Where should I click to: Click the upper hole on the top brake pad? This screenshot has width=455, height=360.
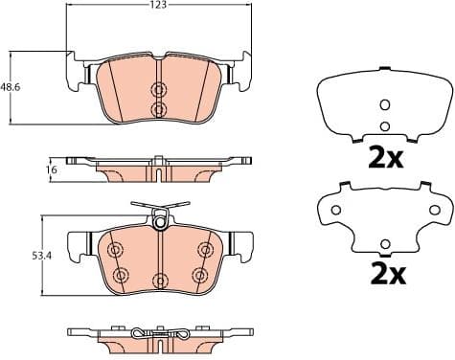[x=159, y=88]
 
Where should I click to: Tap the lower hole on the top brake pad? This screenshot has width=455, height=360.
[x=159, y=109]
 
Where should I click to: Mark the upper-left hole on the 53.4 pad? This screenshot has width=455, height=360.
[x=116, y=251]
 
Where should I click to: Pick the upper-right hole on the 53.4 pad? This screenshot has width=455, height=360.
[x=203, y=250]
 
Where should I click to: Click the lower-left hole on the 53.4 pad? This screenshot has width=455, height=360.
[x=120, y=276]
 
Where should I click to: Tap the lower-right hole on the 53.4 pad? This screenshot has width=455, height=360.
[x=199, y=276]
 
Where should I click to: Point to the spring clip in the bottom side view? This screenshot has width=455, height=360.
[x=159, y=335]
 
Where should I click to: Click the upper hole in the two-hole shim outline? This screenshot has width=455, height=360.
[x=384, y=105]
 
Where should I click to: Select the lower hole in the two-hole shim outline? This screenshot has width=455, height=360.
[x=384, y=125]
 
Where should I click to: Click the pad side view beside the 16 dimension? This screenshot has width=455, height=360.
[x=153, y=169]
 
